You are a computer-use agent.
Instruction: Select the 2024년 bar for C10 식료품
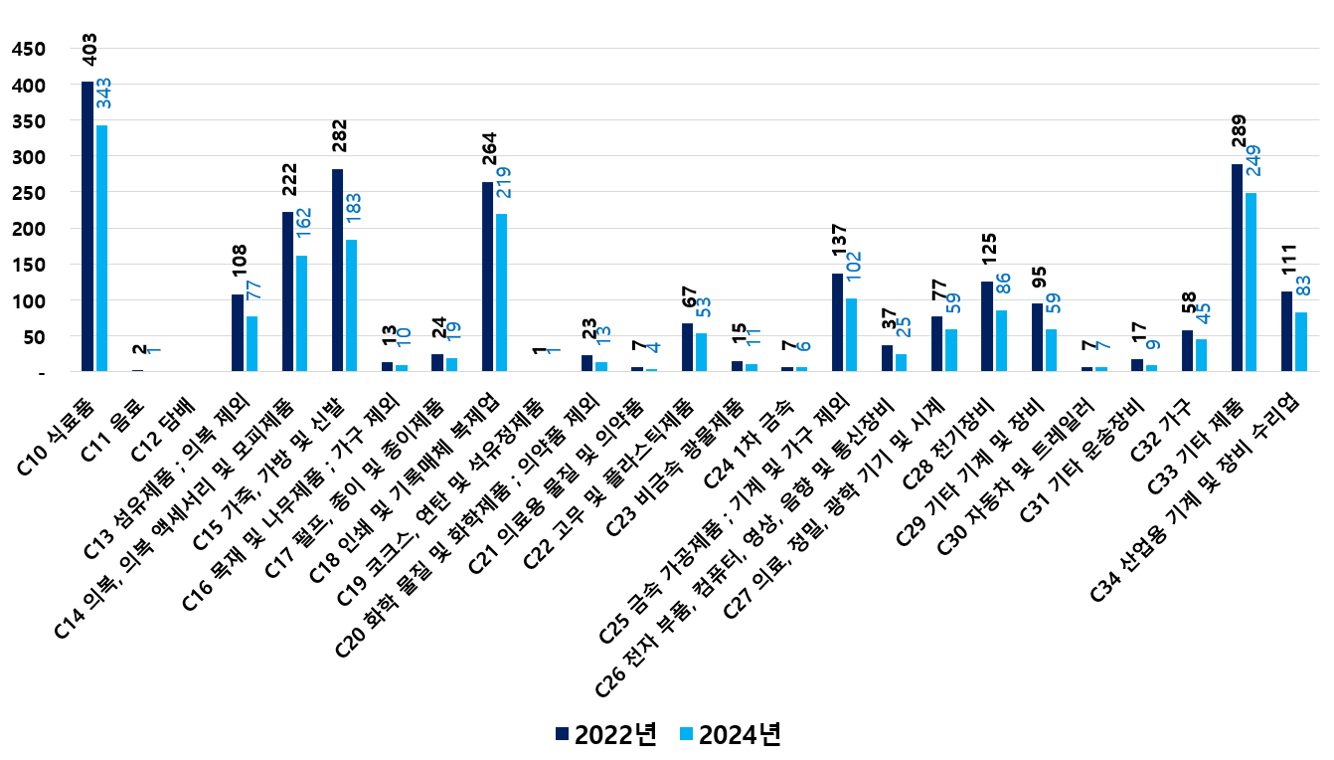(x=102, y=249)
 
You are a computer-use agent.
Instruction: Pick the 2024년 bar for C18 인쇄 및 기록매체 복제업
(x=502, y=292)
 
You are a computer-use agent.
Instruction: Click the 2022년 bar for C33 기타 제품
(x=1237, y=268)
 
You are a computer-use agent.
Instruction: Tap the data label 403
(x=88, y=51)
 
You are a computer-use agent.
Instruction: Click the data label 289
(x=1238, y=133)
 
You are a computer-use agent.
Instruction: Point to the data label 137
(x=837, y=243)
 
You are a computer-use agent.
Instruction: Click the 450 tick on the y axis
(x=29, y=50)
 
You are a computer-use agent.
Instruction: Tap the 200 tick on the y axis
(x=29, y=229)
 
